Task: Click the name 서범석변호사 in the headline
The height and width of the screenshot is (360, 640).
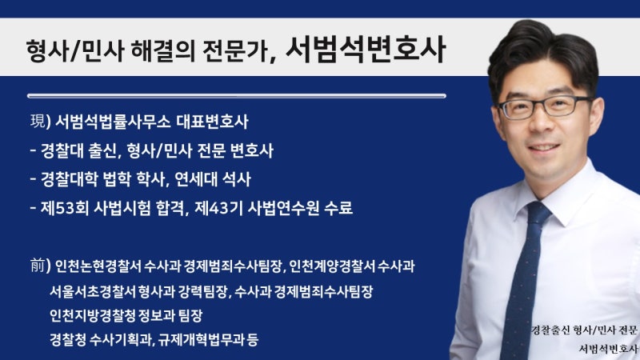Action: (366, 49)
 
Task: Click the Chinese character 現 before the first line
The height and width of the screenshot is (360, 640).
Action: (38, 121)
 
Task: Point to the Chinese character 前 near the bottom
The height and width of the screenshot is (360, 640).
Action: (38, 266)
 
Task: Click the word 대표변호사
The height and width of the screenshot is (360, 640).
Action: (213, 122)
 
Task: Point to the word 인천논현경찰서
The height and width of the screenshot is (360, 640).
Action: (98, 266)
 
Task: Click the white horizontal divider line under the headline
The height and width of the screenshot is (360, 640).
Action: (237, 96)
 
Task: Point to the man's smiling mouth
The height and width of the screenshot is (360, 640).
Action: (543, 147)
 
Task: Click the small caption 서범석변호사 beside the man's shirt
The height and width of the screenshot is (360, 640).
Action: (608, 349)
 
